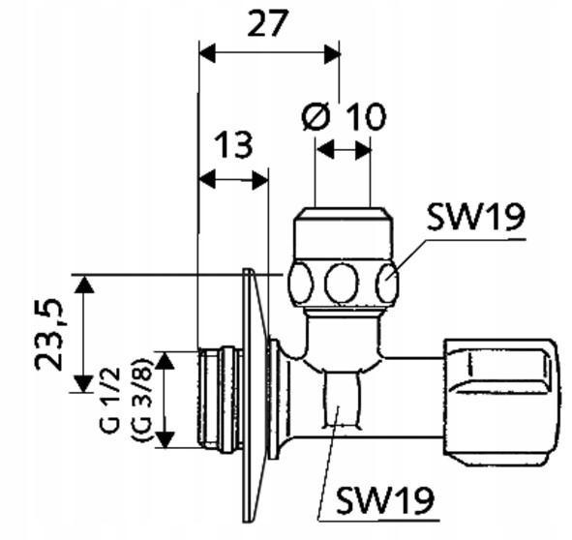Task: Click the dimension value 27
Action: [267, 24]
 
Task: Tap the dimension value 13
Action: [232, 145]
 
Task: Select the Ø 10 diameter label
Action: [343, 116]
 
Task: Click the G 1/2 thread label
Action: [110, 401]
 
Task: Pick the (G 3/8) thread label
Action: [141, 401]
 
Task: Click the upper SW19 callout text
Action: [476, 217]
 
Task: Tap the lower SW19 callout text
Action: [385, 499]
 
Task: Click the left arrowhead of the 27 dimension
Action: [207, 53]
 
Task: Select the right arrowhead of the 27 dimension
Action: [332, 53]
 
